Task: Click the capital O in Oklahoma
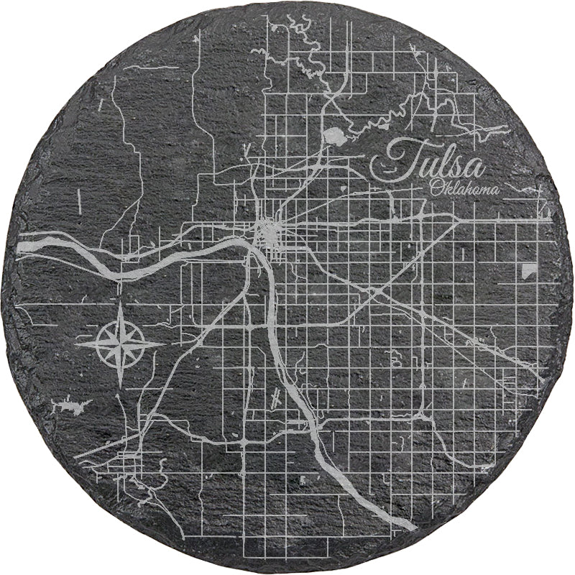tap(435, 188)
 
